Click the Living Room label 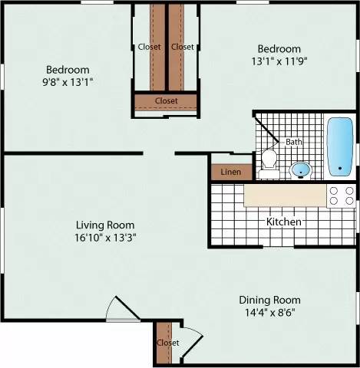pyautogui.click(x=111, y=225)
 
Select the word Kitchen pyautogui.click(x=283, y=222)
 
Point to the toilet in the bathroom pyautogui.click(x=269, y=159)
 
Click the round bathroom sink pyautogui.click(x=302, y=169)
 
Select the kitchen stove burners pyautogui.click(x=341, y=196)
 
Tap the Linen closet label pyautogui.click(x=230, y=172)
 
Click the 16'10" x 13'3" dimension pyautogui.click(x=111, y=238)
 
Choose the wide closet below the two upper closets pyautogui.click(x=166, y=100)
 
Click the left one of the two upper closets pyautogui.click(x=150, y=47)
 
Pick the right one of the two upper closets pyautogui.click(x=183, y=47)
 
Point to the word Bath pyautogui.click(x=294, y=143)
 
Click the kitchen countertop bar pyautogui.click(x=284, y=197)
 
